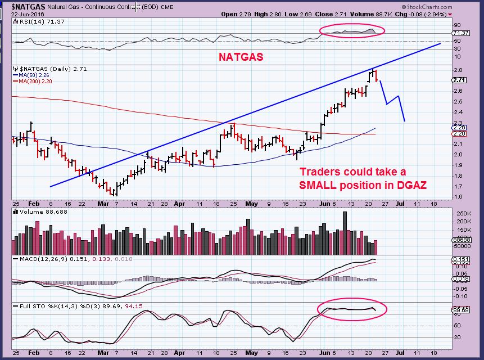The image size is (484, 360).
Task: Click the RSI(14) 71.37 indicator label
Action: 32,21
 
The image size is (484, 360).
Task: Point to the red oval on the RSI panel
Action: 351,30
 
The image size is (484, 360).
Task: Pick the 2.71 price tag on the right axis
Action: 459,80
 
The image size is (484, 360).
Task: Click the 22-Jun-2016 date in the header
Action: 17,14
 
